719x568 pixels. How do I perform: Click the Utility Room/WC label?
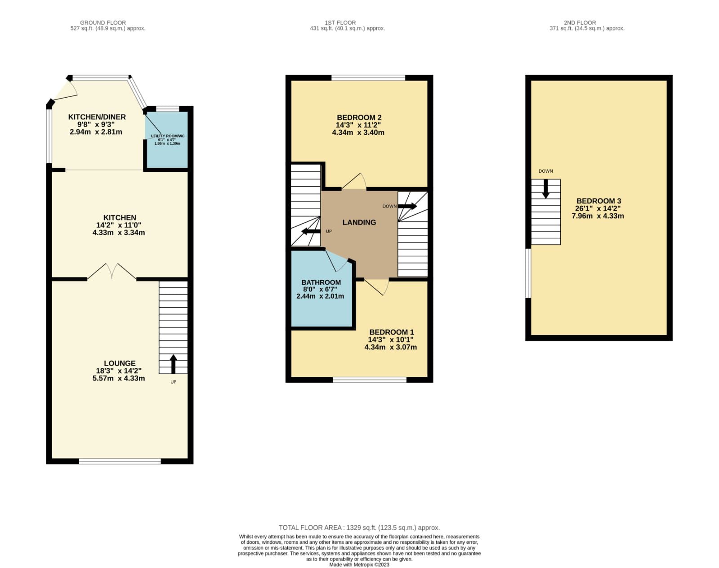tap(167, 136)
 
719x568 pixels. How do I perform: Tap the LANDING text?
tap(359, 222)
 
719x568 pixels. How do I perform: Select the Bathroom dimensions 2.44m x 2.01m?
tap(320, 296)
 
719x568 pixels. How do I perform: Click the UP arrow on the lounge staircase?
tap(173, 364)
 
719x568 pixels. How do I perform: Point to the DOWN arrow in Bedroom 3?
tap(545, 188)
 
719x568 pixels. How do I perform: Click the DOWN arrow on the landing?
tap(407, 206)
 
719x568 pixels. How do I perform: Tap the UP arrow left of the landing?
tap(311, 231)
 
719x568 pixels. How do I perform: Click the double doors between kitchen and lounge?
tap(112, 272)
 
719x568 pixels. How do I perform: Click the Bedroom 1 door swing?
tap(378, 286)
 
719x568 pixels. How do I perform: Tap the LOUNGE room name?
tap(120, 363)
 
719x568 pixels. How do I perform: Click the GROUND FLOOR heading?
tap(103, 22)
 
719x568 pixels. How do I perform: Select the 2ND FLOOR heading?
tap(580, 22)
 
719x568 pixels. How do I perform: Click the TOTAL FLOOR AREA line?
tap(359, 528)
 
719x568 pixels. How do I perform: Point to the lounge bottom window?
tap(120, 461)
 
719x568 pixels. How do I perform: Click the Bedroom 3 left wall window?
tap(528, 273)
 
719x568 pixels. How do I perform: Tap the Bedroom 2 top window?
tap(368, 78)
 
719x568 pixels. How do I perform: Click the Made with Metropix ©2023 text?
tap(359, 565)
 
